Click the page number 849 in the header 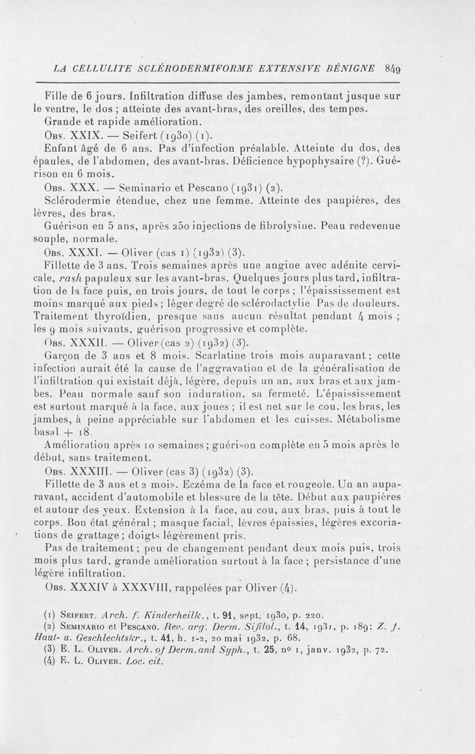click(425, 68)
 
